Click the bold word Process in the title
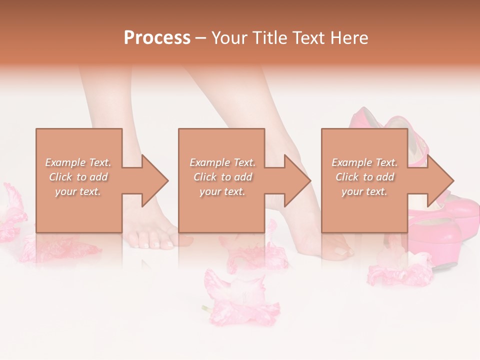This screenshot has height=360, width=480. [x=157, y=38]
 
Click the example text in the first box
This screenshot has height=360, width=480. [x=78, y=177]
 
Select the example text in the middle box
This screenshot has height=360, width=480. [x=222, y=177]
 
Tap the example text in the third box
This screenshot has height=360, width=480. [x=364, y=177]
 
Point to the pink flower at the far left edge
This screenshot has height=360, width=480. [x=11, y=212]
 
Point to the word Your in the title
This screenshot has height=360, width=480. [x=229, y=38]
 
